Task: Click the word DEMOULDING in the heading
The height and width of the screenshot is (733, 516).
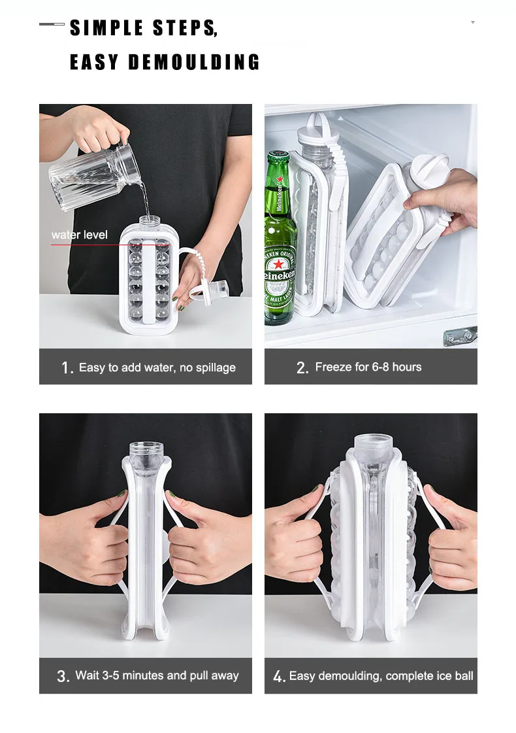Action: (194, 62)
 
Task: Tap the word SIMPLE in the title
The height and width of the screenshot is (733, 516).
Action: (106, 27)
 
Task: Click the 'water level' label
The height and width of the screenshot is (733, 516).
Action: (80, 235)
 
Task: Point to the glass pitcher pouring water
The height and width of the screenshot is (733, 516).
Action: (93, 174)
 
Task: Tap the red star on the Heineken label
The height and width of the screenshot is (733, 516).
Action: (279, 265)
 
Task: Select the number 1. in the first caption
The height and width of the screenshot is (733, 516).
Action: (67, 368)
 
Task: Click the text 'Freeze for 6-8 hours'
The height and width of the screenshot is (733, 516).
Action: (368, 367)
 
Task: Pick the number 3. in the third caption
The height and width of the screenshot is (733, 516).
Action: (63, 676)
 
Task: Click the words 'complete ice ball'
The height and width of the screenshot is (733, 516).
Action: (430, 676)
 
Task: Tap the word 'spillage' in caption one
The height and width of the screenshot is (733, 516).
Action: (216, 368)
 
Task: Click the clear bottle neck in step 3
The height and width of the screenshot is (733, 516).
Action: (146, 451)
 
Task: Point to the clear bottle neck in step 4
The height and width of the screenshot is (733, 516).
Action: (373, 444)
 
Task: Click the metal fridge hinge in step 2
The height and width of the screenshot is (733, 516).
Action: (460, 335)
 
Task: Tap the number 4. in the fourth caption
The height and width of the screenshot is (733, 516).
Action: (280, 676)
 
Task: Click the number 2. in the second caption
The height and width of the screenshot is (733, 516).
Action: (302, 368)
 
